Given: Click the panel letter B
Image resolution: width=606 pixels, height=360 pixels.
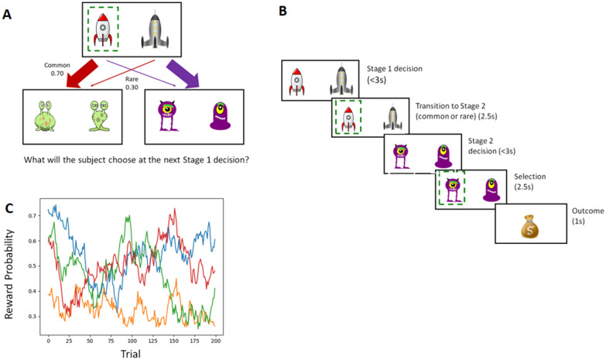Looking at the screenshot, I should point(283,11).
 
